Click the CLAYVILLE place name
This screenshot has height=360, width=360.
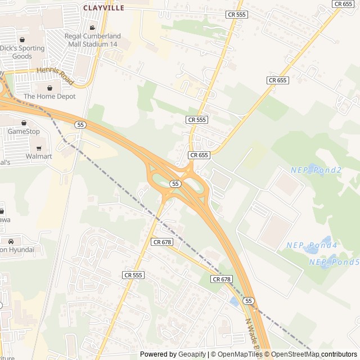pos(103,8)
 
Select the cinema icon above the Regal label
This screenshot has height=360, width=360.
pos(92,28)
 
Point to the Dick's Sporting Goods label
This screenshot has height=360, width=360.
pos(22,52)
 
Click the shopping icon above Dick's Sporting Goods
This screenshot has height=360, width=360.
pos(22,39)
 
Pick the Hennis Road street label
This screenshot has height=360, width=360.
pos(55,76)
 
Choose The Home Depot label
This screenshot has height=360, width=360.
pos(50,96)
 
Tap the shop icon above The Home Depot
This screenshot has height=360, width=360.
pos(50,88)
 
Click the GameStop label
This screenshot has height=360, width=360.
pos(24,132)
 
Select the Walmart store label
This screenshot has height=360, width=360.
pos(39,156)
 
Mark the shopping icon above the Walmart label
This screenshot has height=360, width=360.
pos(39,148)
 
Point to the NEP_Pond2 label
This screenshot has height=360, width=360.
pos(316,170)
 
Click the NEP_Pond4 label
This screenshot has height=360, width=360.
pos(311,245)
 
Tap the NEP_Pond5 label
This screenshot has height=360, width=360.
pos(334,262)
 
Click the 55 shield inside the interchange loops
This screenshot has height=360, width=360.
pos(175,184)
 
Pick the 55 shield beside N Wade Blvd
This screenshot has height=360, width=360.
pos(248,301)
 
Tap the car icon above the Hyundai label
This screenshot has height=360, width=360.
pos(11,241)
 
